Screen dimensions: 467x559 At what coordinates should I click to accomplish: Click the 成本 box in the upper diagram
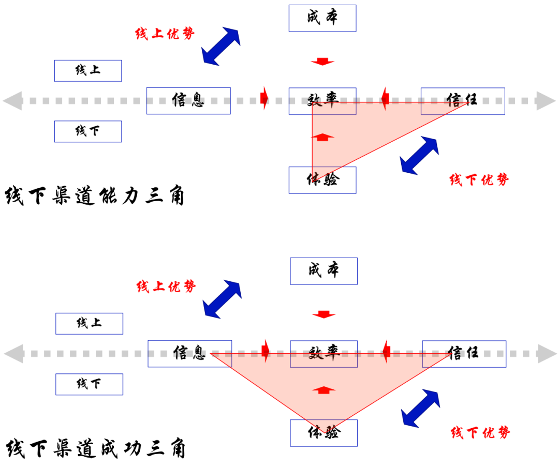(322, 18)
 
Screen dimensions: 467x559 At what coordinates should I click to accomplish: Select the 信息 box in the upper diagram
(188, 100)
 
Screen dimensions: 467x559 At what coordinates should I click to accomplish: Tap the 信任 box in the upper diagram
(462, 100)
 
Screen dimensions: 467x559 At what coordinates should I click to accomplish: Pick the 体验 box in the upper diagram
(322, 180)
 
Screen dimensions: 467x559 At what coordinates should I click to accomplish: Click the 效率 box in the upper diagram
(322, 101)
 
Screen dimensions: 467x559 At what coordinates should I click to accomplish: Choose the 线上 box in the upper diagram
(88, 71)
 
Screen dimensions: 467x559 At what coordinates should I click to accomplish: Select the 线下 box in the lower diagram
(89, 384)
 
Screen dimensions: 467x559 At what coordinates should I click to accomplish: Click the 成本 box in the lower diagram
(323, 271)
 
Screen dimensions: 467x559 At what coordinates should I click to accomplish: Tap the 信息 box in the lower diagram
(189, 354)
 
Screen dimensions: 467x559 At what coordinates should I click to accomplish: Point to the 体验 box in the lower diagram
(323, 433)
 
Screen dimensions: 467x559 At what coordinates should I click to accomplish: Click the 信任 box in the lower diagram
(464, 354)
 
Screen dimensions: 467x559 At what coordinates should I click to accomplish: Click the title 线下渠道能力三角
(95, 197)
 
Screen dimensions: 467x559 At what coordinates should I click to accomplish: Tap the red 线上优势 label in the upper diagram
(165, 34)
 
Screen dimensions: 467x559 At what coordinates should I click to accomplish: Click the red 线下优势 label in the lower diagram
(480, 432)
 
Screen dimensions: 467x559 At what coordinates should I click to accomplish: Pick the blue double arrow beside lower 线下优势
(421, 409)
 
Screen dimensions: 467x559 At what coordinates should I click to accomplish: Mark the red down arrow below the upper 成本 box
(322, 62)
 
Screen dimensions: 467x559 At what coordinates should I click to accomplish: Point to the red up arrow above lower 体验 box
(323, 389)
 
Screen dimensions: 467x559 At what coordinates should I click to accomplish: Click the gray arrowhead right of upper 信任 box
(546, 100)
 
